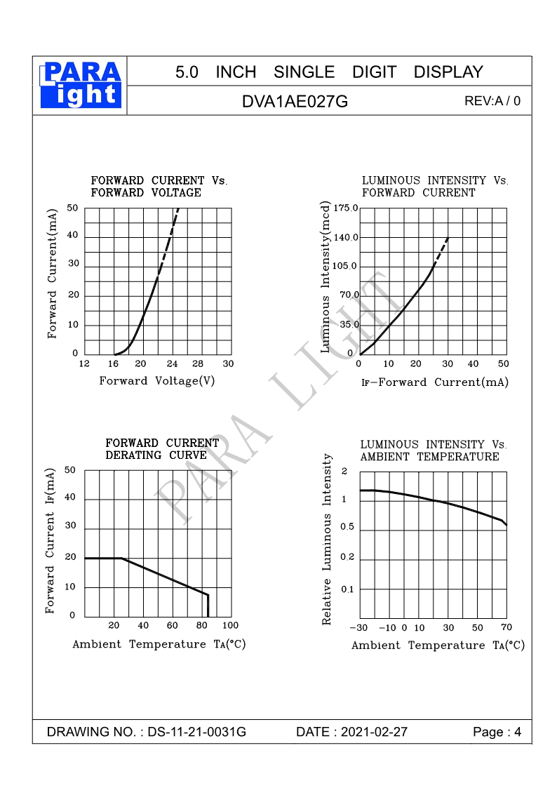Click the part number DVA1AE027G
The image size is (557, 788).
(295, 101)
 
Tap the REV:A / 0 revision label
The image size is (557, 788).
(492, 101)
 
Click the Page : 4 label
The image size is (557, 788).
(497, 732)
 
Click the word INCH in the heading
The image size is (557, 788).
(236, 72)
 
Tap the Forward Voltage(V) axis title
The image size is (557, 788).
(156, 381)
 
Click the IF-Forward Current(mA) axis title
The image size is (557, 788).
(434, 382)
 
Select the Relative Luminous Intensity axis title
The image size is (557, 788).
(326, 539)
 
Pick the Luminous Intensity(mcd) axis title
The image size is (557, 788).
(325, 276)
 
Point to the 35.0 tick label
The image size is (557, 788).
(349, 325)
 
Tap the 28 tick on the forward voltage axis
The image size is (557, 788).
(198, 363)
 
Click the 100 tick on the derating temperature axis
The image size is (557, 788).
(230, 625)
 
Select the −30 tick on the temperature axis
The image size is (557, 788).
(358, 627)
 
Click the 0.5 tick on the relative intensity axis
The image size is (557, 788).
(348, 528)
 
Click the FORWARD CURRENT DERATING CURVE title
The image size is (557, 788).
(162, 449)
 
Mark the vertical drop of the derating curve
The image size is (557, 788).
(208, 606)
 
